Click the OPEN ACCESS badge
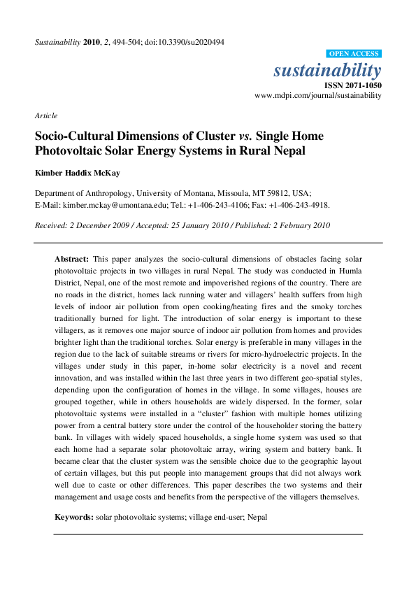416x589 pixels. (x=354, y=54)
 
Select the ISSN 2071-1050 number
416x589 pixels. (x=355, y=85)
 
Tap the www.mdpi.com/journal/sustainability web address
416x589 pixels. (x=318, y=95)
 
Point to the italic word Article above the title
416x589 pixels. (x=46, y=115)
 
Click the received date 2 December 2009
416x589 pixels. (x=97, y=225)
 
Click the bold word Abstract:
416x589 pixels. (x=72, y=259)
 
